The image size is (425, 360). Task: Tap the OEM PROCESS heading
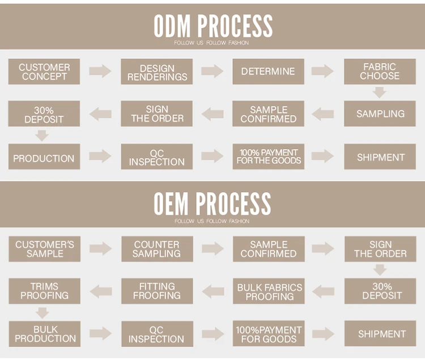[x=212, y=203]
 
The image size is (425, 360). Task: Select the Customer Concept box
[x=44, y=71]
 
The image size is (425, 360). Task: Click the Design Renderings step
[x=157, y=71]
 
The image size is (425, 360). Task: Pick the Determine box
[x=268, y=71]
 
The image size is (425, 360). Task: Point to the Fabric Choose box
[x=380, y=71]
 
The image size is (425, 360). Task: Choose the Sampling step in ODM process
[x=380, y=114]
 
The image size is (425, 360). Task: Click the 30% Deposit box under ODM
[x=44, y=114]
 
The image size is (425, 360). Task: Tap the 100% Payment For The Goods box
[x=268, y=156]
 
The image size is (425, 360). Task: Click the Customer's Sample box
[x=44, y=249]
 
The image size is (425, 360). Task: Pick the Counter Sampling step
[x=157, y=249]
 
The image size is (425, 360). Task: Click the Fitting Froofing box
[x=157, y=291]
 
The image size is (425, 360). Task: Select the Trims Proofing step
[x=44, y=291]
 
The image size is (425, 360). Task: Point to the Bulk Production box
[x=44, y=334]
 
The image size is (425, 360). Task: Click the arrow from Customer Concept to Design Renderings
[x=100, y=71]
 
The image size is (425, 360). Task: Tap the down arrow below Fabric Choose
[x=380, y=92]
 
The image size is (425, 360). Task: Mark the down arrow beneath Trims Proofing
[x=41, y=312]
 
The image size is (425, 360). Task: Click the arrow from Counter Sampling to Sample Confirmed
[x=212, y=249]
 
